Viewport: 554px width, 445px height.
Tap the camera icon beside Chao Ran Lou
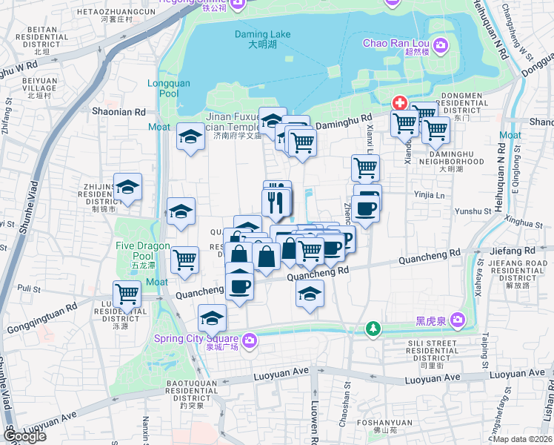pyautogui.click(x=441, y=47)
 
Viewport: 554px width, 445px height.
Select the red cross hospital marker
pyautogui.click(x=400, y=102)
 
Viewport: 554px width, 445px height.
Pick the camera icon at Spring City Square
pyautogui.click(x=250, y=340)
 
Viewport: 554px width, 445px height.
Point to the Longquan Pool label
pyautogui.click(x=163, y=88)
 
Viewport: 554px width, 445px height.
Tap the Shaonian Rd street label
pyautogui.click(x=119, y=112)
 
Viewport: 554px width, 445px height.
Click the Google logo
pyautogui.click(x=25, y=436)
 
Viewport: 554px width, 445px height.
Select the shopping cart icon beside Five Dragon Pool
pyautogui.click(x=184, y=260)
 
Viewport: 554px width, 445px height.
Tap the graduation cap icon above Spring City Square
pyautogui.click(x=212, y=318)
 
